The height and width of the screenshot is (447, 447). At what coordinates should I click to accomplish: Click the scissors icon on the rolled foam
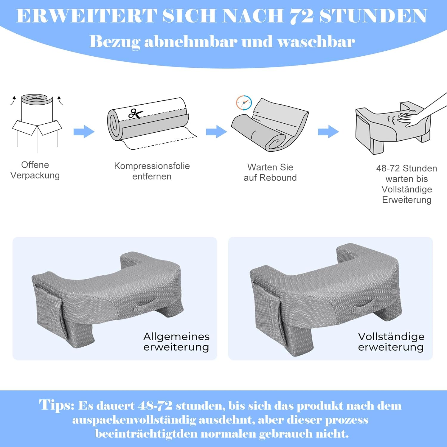coord(135,114)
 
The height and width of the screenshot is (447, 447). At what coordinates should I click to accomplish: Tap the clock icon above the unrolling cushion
coord(244,103)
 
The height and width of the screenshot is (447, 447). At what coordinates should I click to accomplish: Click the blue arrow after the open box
coord(84,131)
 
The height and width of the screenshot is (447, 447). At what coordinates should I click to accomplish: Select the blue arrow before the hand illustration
coord(328,131)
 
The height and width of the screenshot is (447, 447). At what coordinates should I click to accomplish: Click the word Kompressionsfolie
coord(152,166)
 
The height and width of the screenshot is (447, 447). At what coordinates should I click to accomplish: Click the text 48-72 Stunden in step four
coord(406,168)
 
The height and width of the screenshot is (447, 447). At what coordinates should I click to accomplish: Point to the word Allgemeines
coord(176,337)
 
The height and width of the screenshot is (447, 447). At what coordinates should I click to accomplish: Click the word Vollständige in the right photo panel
coord(391,337)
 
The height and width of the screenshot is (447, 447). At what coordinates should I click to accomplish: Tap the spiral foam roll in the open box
coord(37,99)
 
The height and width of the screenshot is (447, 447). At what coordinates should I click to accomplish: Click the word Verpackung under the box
coord(35,176)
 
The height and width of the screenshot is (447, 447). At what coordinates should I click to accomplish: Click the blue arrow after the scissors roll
coord(216,131)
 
